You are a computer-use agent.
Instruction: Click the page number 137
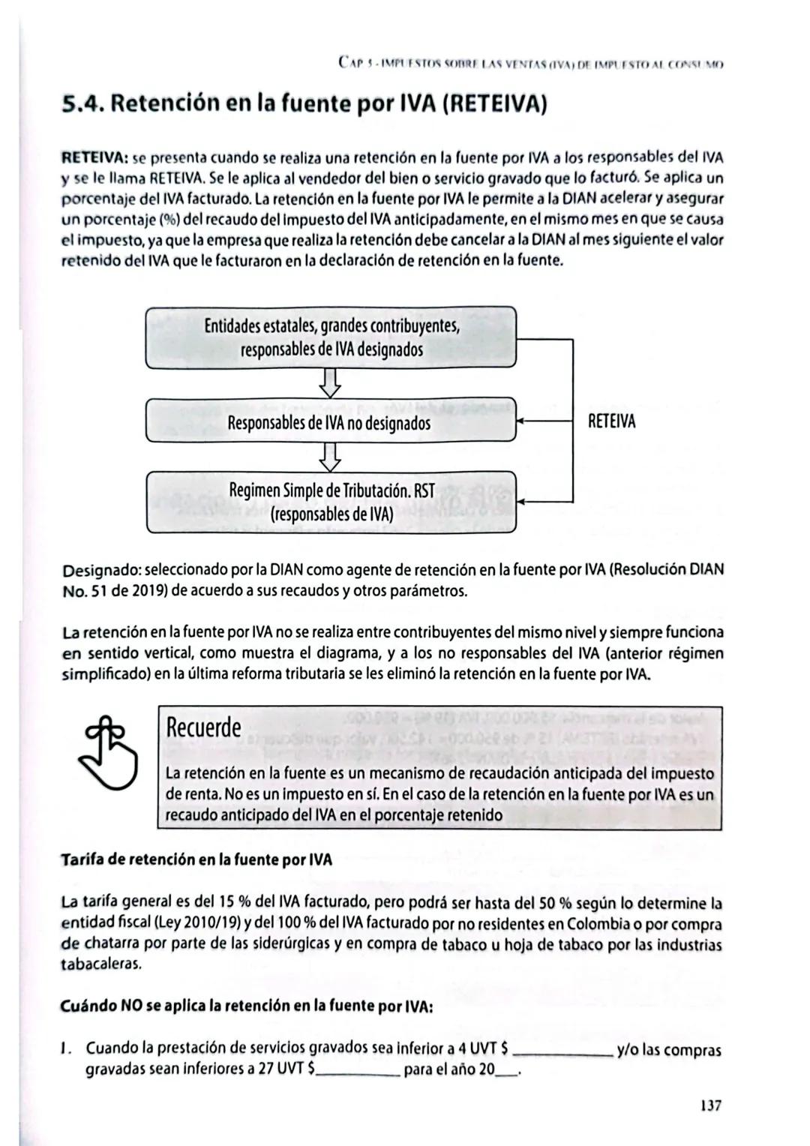710,1105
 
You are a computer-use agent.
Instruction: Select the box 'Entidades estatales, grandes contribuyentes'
331,337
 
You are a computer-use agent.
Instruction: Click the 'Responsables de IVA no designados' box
331,423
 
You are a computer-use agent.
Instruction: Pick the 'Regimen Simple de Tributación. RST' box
331,502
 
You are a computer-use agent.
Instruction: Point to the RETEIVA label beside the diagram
611,421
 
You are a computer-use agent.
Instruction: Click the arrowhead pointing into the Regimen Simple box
523,502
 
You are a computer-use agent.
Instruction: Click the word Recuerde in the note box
203,727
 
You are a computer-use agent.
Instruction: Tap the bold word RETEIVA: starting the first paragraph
95,159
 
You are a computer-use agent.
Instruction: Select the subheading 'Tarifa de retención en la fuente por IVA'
196,859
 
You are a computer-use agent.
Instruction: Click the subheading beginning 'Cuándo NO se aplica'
247,1006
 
